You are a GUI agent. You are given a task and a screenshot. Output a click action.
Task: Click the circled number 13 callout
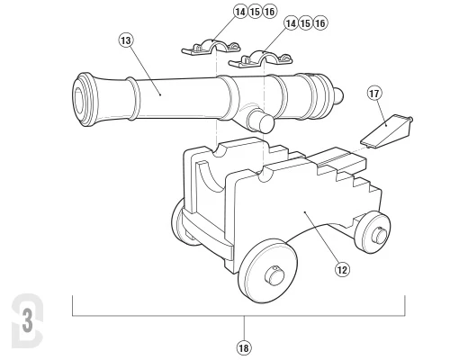point(126,40)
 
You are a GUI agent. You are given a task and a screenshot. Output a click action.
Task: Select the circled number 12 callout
point(342,270)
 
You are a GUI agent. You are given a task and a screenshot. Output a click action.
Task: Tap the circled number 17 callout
point(374,94)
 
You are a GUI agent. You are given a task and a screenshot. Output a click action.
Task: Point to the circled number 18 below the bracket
point(244,348)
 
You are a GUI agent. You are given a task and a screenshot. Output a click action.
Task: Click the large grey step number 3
point(28,321)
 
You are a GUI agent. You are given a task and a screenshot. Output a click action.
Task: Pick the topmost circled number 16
point(269,12)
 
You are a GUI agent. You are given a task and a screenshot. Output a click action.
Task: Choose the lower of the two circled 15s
point(305,23)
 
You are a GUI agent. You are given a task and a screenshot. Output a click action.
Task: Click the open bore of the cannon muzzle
point(79,100)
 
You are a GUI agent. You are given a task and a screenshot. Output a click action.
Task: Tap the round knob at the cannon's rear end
point(338,95)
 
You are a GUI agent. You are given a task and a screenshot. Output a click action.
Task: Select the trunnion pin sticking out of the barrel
point(260,120)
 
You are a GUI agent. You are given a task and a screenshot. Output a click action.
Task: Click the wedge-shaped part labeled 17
point(386,131)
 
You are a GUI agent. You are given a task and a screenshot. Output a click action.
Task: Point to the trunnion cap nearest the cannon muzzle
point(211,48)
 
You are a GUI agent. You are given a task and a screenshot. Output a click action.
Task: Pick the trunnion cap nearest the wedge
point(260,59)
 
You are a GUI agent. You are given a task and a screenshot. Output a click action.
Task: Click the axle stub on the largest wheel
point(274,274)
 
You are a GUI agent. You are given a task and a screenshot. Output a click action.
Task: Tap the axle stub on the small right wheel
point(378,234)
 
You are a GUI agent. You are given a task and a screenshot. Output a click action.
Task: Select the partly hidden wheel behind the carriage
point(177,221)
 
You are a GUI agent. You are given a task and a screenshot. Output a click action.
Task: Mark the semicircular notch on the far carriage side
point(220,151)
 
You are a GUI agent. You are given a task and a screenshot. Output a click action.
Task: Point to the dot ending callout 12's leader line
point(305,211)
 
